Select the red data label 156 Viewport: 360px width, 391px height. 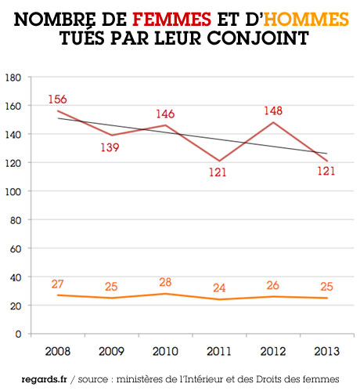coord(56,100)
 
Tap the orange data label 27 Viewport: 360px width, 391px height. coord(56,284)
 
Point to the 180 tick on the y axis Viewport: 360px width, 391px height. coord(13,77)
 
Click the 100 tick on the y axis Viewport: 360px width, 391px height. coord(13,191)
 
